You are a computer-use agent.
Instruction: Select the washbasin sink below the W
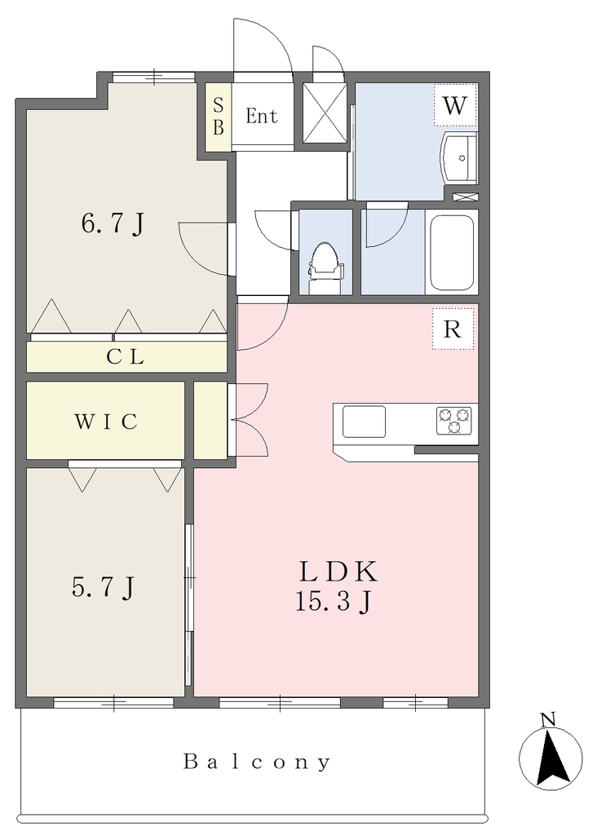click(458, 157)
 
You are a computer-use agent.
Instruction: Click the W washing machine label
click(454, 106)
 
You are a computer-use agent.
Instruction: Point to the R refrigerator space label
click(452, 329)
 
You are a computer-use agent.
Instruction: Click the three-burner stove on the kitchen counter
click(454, 420)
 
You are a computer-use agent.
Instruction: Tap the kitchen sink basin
click(364, 422)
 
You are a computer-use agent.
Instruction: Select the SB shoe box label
click(219, 117)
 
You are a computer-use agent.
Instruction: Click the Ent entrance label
click(262, 116)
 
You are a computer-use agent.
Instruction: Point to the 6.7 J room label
click(113, 224)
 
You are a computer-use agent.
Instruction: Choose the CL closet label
click(125, 357)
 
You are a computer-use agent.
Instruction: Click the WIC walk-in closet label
click(106, 422)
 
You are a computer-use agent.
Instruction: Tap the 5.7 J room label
click(103, 588)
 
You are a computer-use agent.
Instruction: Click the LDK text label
click(338, 572)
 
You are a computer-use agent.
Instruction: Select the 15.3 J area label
click(333, 603)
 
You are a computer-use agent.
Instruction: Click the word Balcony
click(257, 762)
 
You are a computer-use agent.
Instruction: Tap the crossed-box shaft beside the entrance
click(325, 113)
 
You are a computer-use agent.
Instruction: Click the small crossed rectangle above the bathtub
click(466, 197)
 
